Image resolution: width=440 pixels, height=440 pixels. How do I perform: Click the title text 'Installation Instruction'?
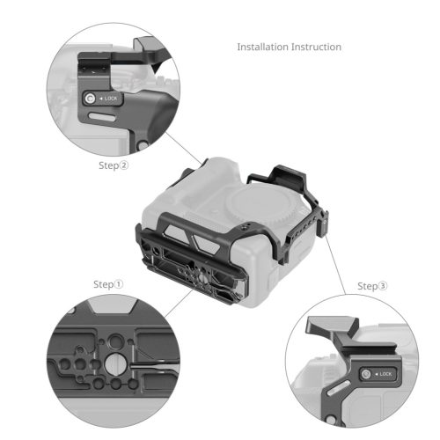289,47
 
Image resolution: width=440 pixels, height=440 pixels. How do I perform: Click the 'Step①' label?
108,284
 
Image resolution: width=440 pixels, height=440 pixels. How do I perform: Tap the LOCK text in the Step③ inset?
384,378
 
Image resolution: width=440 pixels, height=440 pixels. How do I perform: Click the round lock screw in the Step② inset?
91,99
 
